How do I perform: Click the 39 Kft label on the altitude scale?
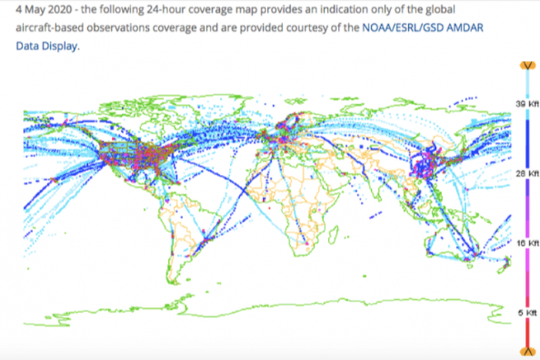521,103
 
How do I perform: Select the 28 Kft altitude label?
521,173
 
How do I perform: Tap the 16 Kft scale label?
521,242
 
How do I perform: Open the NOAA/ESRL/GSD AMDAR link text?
424,27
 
